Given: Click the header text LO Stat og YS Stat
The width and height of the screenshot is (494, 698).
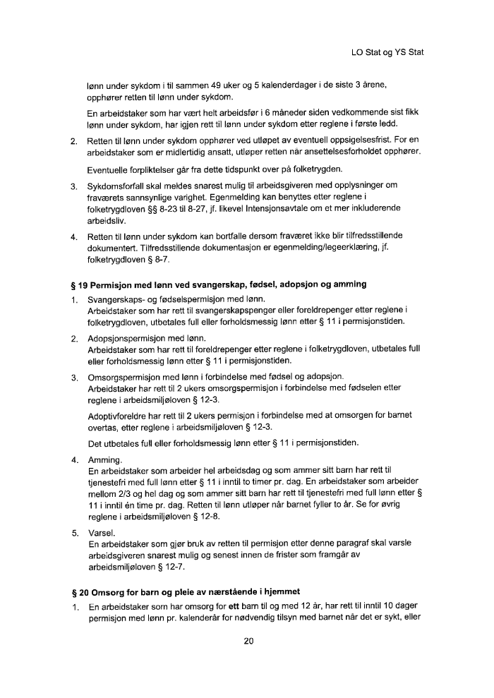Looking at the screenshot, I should [x=387, y=52].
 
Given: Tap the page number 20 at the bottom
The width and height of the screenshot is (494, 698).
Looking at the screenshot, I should [x=248, y=641].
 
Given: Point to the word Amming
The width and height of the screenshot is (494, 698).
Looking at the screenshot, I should [x=105, y=458].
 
